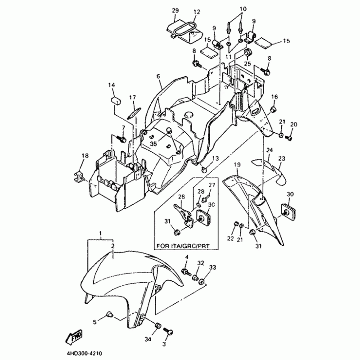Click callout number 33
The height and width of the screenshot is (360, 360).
click(x=212, y=267)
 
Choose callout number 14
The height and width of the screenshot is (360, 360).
click(x=111, y=85)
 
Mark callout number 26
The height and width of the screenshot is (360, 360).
click(x=181, y=196)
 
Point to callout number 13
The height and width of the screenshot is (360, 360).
click(x=215, y=158)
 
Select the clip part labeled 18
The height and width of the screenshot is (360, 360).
click(x=80, y=176)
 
